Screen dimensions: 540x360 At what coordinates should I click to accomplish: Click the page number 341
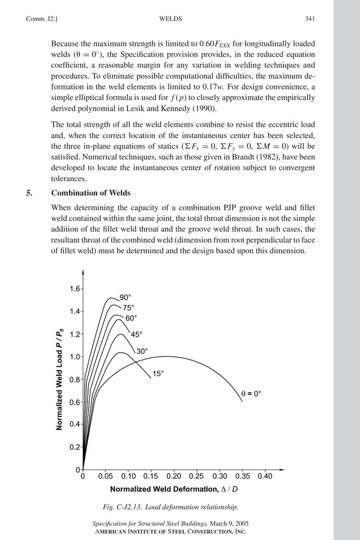(309, 19)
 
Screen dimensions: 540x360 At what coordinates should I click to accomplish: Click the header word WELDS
(171, 19)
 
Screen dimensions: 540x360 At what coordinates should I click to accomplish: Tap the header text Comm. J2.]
(42, 19)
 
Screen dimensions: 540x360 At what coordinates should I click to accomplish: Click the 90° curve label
(125, 297)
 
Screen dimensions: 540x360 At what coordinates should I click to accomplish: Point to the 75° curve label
(129, 308)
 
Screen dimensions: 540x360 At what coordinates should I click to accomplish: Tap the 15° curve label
(159, 374)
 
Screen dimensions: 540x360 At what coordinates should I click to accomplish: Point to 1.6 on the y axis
(74, 289)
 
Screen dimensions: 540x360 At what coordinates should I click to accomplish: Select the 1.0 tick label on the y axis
(74, 357)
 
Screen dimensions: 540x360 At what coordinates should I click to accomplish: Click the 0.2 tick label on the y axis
(74, 447)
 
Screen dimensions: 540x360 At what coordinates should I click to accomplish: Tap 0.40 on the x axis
(265, 476)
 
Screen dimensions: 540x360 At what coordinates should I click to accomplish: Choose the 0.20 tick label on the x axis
(174, 476)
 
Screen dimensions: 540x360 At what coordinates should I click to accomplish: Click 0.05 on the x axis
(106, 476)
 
